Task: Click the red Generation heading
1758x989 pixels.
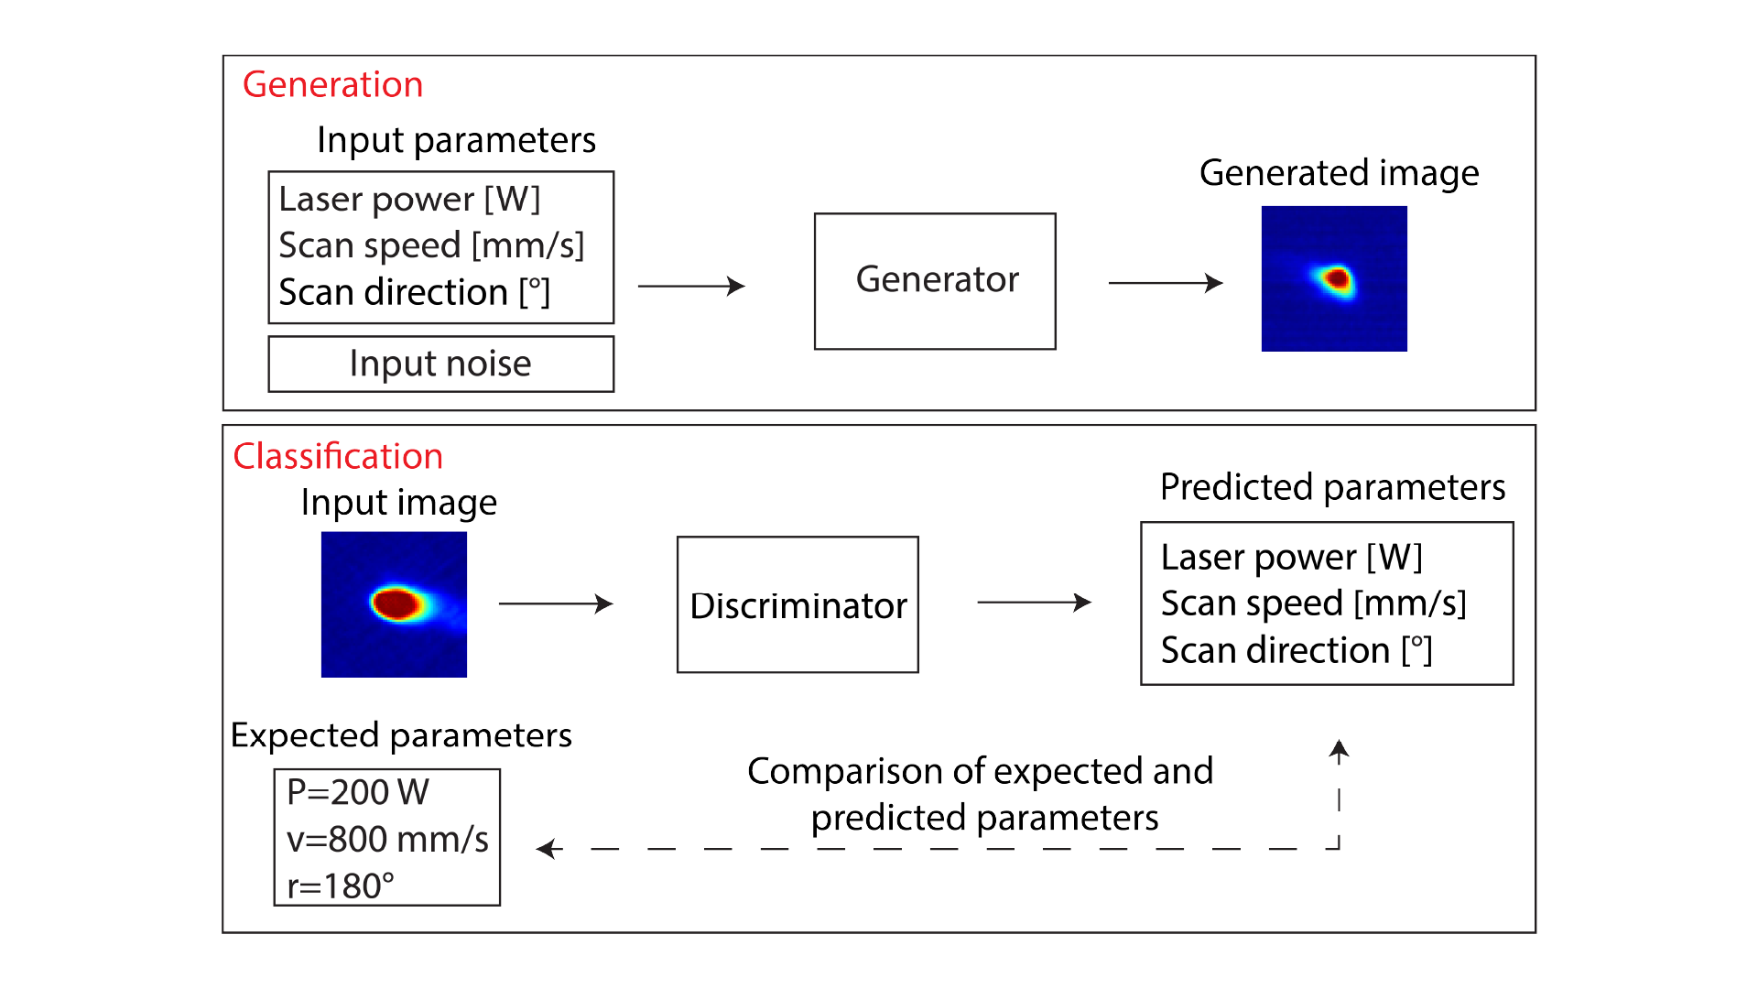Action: click(x=332, y=84)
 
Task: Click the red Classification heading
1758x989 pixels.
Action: click(x=338, y=456)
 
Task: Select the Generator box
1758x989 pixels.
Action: click(x=935, y=281)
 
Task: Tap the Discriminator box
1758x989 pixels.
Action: click(x=798, y=604)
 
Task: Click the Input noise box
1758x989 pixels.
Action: click(x=440, y=364)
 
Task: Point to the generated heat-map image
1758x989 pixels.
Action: click(x=1334, y=278)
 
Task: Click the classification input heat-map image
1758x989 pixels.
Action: click(x=394, y=604)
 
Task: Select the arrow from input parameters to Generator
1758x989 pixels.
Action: click(x=691, y=286)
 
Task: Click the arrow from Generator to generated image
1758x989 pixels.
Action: click(x=1166, y=283)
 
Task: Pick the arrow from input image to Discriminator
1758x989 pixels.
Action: click(x=556, y=603)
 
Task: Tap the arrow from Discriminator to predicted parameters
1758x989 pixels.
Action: click(x=1035, y=602)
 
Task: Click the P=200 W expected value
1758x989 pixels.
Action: click(x=358, y=792)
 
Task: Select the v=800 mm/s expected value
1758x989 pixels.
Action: click(x=388, y=839)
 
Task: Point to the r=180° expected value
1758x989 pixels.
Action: click(x=341, y=886)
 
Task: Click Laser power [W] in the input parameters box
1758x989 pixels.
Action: click(x=409, y=199)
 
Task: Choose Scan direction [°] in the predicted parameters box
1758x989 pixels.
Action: click(x=1297, y=650)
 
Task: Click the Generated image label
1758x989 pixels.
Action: click(x=1339, y=173)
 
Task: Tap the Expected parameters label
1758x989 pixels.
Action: click(x=401, y=735)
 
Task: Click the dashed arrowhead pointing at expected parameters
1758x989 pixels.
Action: click(x=548, y=849)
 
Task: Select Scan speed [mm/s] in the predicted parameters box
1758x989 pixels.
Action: click(x=1314, y=603)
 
